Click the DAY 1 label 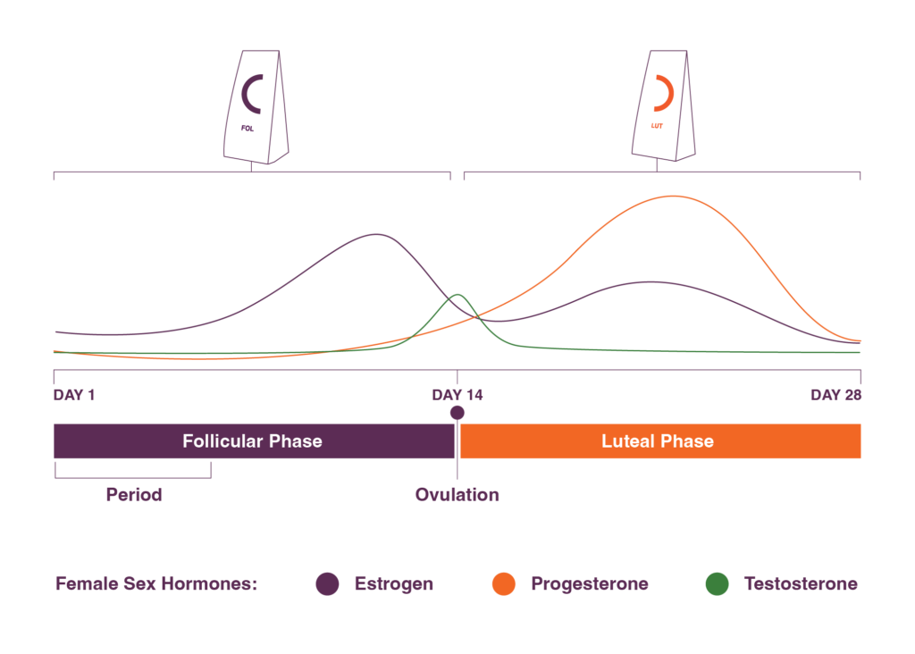point(74,395)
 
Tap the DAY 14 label point(457,395)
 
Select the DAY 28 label point(835,395)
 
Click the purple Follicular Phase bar point(254,441)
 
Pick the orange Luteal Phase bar point(660,441)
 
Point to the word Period point(134,495)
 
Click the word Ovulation point(457,495)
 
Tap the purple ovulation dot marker point(457,413)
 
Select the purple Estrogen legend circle point(327,584)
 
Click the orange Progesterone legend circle point(504,584)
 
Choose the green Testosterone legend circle point(718,584)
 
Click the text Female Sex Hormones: point(156,584)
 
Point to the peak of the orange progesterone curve point(674,196)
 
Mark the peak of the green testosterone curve point(458,295)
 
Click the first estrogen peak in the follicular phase point(378,235)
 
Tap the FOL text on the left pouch point(248,129)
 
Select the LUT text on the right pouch point(657,126)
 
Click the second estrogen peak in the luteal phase point(651,282)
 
